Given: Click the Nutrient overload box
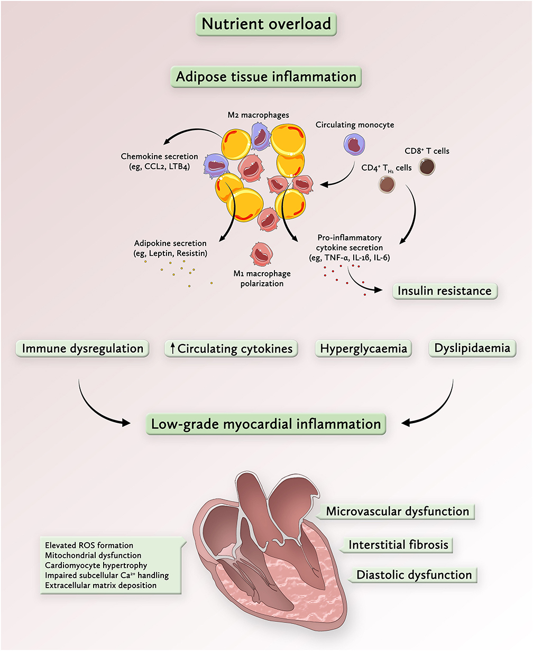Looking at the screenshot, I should click(266, 24).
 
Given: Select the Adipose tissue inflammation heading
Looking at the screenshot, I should click(266, 77).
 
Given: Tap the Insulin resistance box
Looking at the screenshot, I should click(445, 291).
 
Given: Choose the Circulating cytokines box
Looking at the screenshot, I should click(231, 349).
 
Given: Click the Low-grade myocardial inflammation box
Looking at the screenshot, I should click(266, 424).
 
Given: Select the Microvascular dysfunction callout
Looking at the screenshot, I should click(397, 511).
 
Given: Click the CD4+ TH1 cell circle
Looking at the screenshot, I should click(387, 184).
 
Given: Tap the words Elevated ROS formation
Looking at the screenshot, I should click(89, 545).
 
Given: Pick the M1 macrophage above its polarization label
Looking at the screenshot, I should click(262, 254).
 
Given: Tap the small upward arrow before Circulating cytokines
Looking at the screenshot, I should click(172, 349).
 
